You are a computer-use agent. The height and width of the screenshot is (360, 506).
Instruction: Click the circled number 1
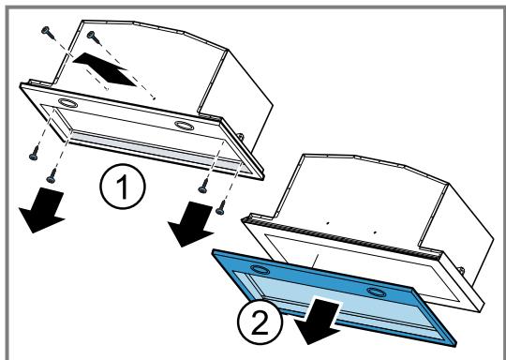click(123, 187)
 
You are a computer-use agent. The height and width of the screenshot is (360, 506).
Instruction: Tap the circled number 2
click(260, 322)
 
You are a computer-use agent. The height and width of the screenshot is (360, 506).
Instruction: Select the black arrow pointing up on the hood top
click(104, 69)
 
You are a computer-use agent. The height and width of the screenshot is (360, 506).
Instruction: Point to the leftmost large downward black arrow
click(42, 211)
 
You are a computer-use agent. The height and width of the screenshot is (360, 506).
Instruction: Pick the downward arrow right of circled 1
click(191, 224)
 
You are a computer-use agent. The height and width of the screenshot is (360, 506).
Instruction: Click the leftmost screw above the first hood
click(48, 32)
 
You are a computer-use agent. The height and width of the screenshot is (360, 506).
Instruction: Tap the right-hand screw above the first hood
click(95, 37)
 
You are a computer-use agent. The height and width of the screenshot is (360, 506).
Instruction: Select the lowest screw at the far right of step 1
click(221, 207)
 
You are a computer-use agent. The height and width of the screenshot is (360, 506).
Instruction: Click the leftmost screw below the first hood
click(35, 153)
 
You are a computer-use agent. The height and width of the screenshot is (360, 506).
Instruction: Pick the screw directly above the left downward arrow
click(52, 175)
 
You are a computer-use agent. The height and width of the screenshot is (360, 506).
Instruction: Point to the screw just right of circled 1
click(203, 187)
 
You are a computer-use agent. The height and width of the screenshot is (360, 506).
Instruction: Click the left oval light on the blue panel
click(260, 269)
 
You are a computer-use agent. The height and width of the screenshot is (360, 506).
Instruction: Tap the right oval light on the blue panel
click(377, 292)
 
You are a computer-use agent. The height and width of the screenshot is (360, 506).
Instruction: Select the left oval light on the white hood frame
click(67, 103)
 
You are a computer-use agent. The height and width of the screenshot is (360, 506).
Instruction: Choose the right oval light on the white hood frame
click(185, 125)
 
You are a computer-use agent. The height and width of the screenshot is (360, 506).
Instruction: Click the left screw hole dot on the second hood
click(328, 223)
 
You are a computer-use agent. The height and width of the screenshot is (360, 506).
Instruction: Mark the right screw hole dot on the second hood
click(375, 232)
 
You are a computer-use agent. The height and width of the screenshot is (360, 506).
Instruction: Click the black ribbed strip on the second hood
click(342, 238)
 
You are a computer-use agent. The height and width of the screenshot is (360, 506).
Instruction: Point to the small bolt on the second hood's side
click(462, 270)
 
